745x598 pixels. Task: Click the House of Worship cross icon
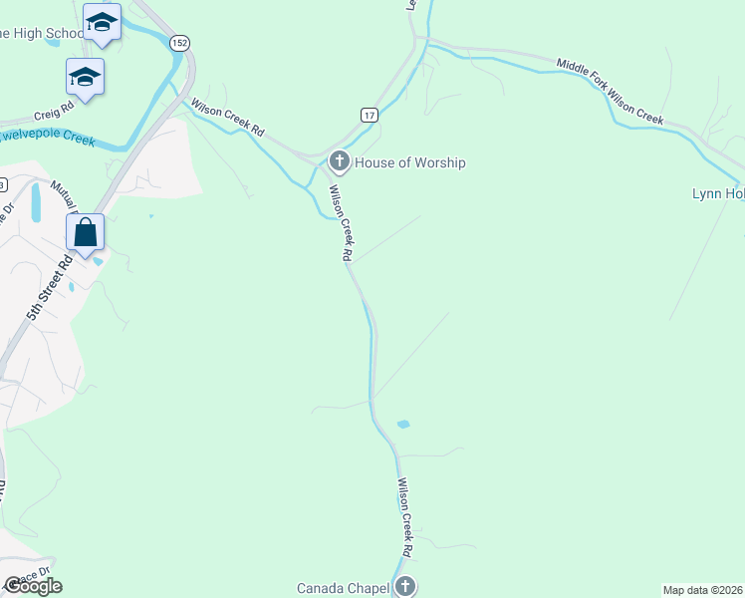[x=339, y=161]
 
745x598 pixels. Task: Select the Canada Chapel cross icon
[x=404, y=586]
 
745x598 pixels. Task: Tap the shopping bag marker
[x=86, y=232]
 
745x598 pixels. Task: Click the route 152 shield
[x=179, y=43]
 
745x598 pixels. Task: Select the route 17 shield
[x=370, y=116]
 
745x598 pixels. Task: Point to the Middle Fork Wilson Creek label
[x=610, y=92]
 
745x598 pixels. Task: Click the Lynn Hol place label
[x=718, y=193]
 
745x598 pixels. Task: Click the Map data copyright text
[x=703, y=590]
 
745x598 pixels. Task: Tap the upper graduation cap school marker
[x=102, y=21]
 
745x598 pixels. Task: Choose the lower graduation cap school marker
[x=85, y=76]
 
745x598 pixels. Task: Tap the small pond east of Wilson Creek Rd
[x=403, y=425]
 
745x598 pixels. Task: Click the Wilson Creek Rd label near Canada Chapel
[x=405, y=517]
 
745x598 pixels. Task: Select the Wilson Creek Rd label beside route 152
[x=228, y=117]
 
